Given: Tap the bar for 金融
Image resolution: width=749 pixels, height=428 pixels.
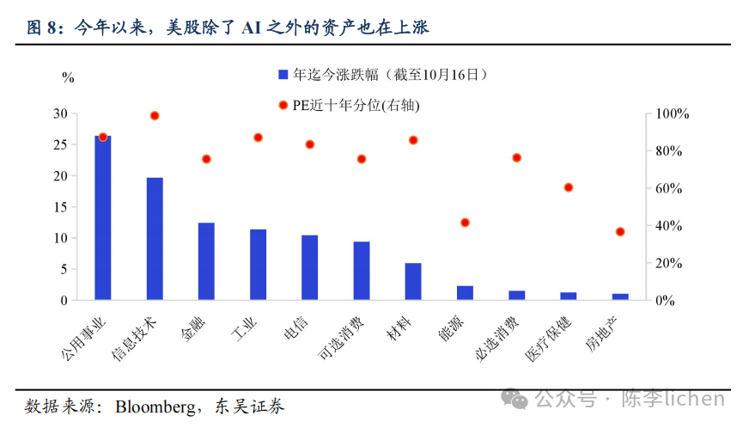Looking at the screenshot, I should (x=206, y=261).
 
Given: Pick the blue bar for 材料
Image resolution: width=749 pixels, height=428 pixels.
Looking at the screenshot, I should (x=413, y=282).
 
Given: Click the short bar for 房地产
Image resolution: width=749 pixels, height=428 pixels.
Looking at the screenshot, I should (x=620, y=297).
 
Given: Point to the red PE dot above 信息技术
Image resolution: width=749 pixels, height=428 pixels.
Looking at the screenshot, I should (x=155, y=115).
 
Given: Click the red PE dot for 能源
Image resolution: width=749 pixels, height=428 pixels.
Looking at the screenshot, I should (x=466, y=223).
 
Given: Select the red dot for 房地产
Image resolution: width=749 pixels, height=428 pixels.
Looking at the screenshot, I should (x=620, y=232).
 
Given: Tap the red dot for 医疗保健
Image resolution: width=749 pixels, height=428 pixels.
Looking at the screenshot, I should (x=569, y=187).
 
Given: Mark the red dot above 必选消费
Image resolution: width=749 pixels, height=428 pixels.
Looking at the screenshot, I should (x=517, y=158).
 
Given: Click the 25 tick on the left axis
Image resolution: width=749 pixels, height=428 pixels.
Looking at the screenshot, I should (x=61, y=144).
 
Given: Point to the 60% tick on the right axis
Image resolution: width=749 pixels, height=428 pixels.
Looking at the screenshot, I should (x=669, y=188).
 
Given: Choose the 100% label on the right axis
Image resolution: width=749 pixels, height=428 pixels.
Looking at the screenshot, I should (x=672, y=113).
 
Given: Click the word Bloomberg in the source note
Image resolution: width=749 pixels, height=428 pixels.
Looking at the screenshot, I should (x=155, y=406).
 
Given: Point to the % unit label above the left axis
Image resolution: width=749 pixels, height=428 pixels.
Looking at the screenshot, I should (x=68, y=78).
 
